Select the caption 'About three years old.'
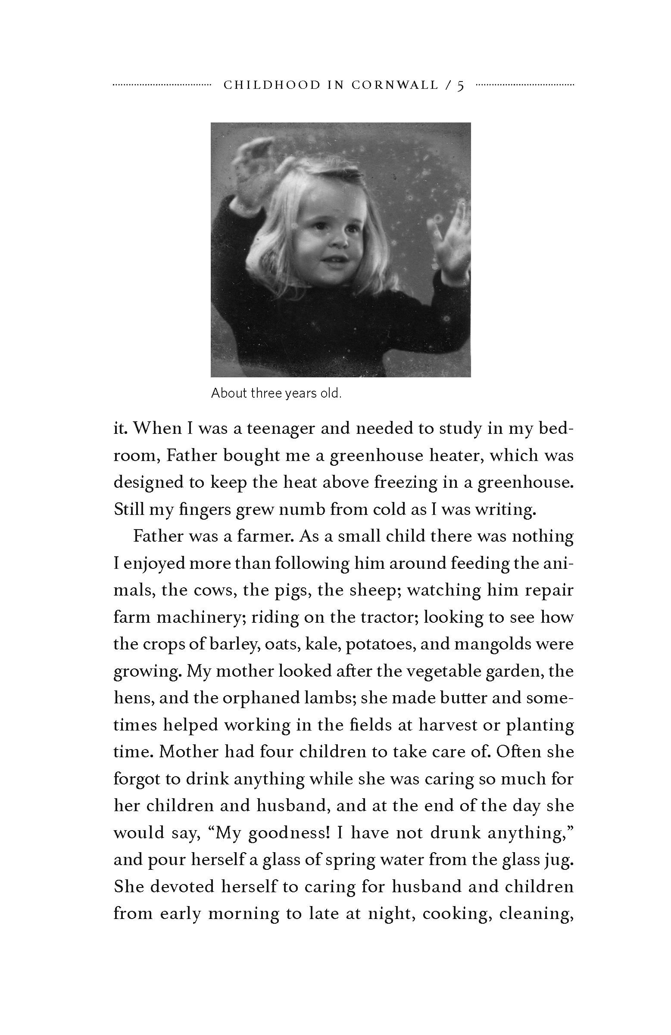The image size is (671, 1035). (276, 393)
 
